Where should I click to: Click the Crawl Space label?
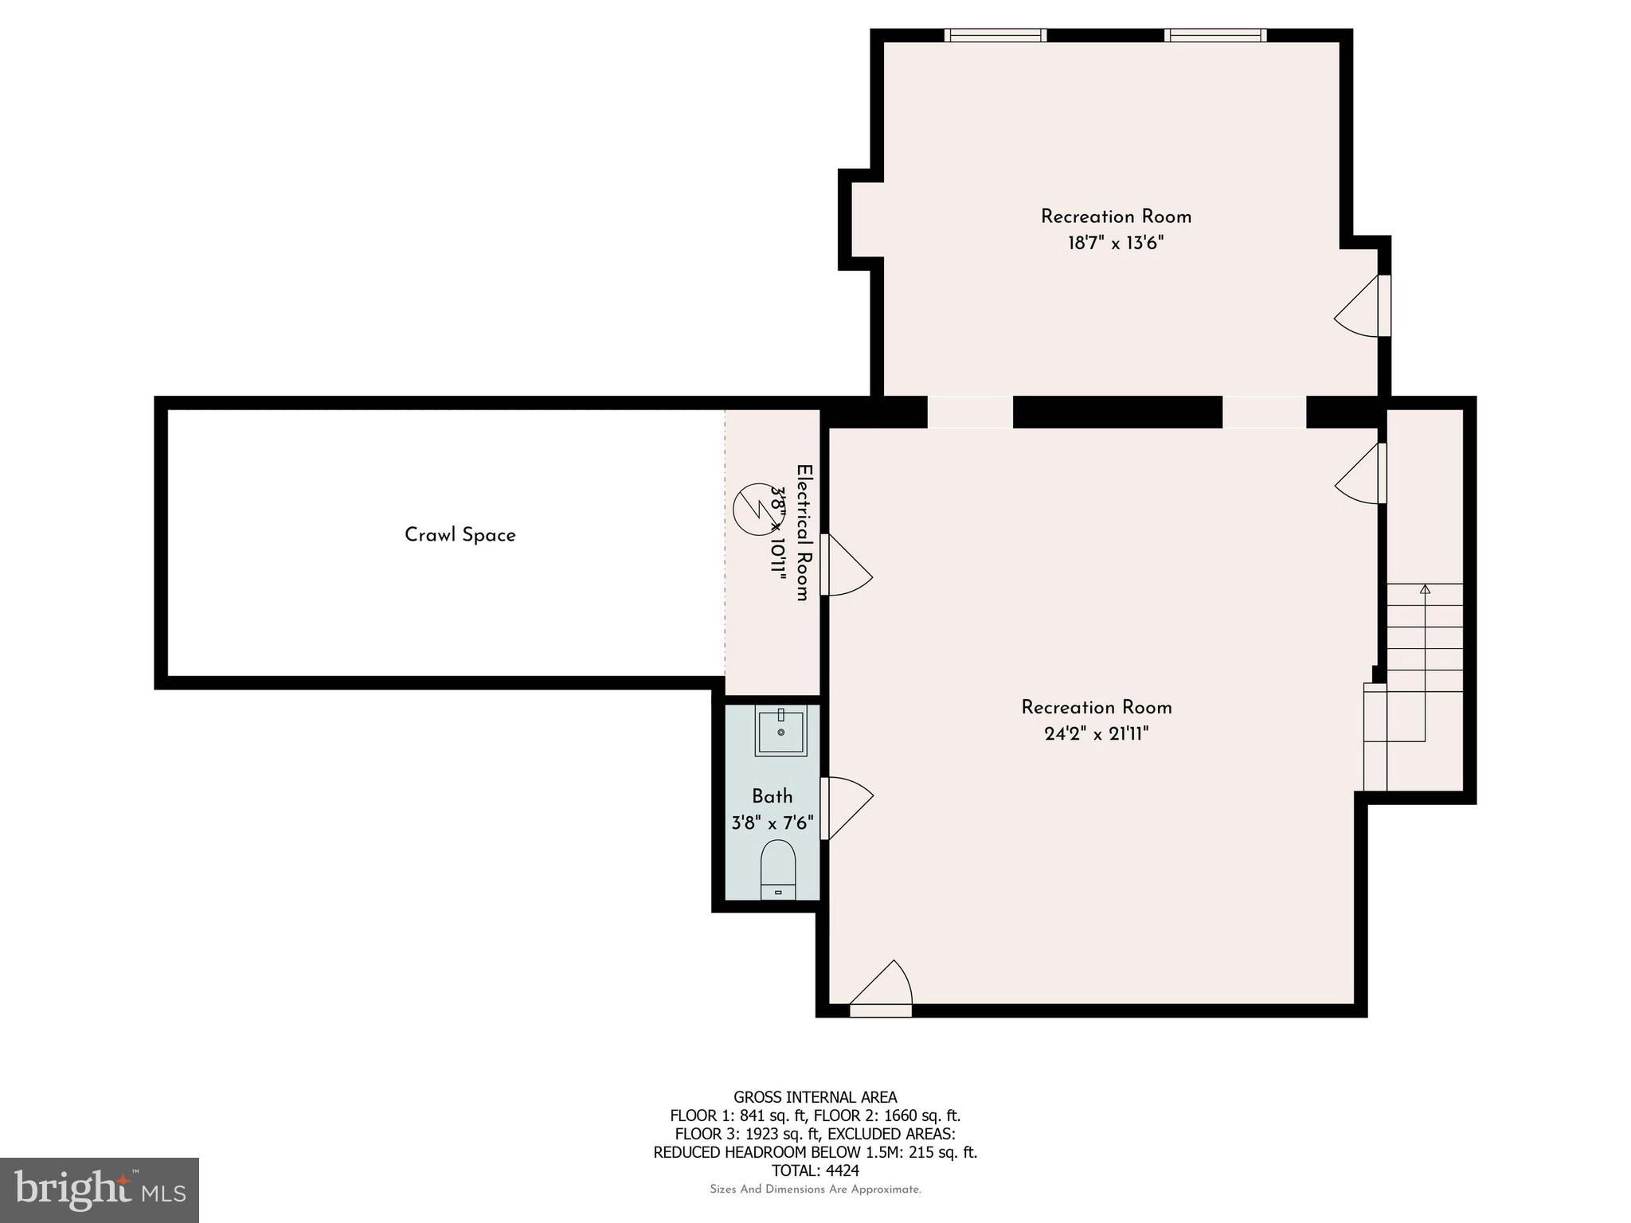click(460, 535)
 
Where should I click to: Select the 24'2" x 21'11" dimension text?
click(1096, 734)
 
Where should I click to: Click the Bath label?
click(772, 796)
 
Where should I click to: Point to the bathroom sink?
click(780, 732)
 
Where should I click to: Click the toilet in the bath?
click(778, 868)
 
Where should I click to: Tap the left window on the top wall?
click(995, 35)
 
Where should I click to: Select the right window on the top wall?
click(1214, 35)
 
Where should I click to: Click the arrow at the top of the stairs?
click(1425, 589)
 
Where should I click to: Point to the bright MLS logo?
click(99, 1190)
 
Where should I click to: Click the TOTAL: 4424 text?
click(815, 1170)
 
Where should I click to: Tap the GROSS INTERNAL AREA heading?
click(815, 1097)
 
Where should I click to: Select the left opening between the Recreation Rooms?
click(969, 412)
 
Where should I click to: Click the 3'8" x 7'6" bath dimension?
click(772, 822)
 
